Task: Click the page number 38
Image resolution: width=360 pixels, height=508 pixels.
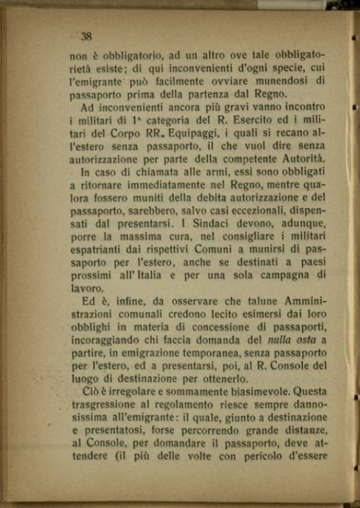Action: click(86, 36)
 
